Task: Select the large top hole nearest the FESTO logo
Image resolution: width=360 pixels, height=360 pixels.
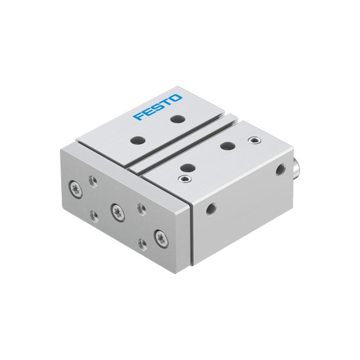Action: point(176,119)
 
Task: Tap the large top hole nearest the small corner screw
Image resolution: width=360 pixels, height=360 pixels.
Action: point(227,145)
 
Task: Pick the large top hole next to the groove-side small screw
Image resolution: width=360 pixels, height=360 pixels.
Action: point(187,167)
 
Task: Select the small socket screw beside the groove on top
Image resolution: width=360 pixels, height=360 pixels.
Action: point(183,178)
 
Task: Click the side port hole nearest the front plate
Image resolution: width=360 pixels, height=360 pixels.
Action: point(210,208)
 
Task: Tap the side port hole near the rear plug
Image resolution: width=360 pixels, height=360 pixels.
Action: point(280,171)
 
